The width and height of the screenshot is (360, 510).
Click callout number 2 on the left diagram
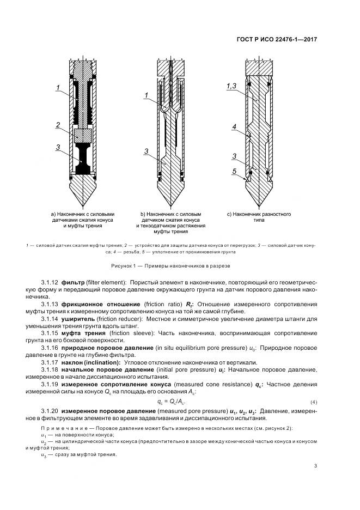point(58,125)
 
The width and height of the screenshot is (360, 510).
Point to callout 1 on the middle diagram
point(147,96)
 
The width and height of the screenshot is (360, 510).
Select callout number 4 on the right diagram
point(233,127)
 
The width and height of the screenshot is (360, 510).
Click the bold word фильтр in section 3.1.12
point(73,283)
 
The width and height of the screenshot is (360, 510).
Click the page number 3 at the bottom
point(316,465)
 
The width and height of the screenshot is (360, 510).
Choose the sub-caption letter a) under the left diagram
point(53,214)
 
